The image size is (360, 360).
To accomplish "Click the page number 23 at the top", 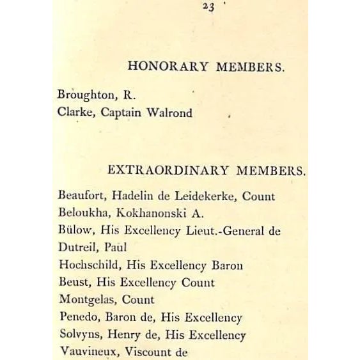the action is tap(207, 7).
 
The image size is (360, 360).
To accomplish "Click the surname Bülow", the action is tap(72, 231).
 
